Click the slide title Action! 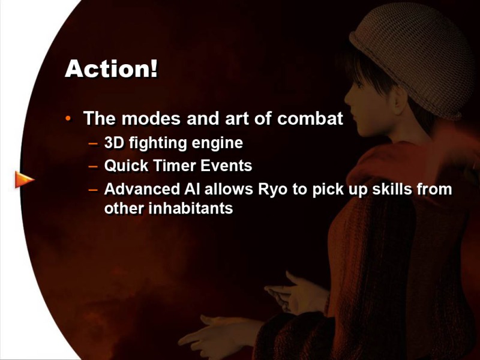(x=112, y=68)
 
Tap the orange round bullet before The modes (x=68, y=118)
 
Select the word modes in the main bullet (x=151, y=118)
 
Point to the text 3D (x=114, y=143)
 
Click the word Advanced (x=142, y=189)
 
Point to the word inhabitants (x=190, y=208)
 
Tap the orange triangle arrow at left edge (x=25, y=179)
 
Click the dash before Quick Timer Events (x=93, y=167)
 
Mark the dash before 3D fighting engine (x=93, y=143)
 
